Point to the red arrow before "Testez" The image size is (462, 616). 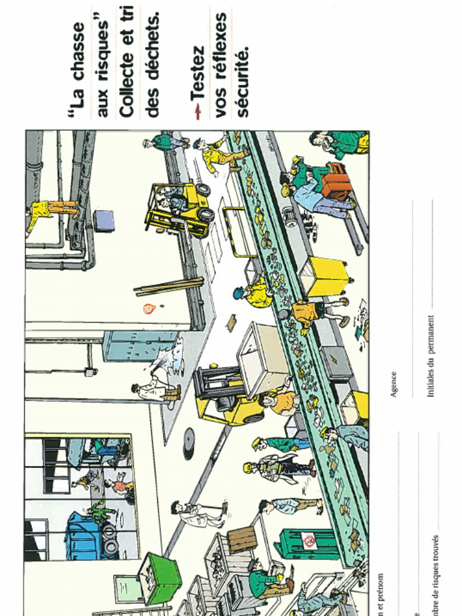point(197,111)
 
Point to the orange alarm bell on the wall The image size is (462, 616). point(149,309)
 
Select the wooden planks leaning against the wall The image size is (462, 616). point(168,286)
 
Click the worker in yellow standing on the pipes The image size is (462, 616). point(51,211)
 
